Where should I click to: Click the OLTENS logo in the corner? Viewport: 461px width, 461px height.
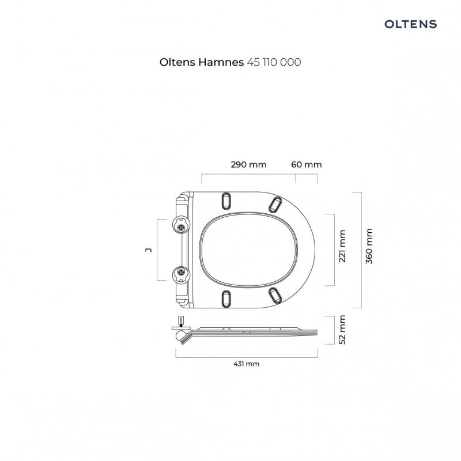410,24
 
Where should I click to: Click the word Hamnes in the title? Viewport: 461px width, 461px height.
221,62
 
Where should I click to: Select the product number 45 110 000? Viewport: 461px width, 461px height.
274,62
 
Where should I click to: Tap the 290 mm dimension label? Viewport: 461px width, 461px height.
248,164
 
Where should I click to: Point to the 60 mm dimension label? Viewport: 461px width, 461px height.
307,164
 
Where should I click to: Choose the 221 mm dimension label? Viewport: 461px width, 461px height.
342,246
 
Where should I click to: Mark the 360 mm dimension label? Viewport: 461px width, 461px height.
369,246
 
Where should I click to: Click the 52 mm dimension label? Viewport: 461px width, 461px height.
342,330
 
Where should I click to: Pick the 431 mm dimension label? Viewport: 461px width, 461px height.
247,364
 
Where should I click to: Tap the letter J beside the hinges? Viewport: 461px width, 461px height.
149,250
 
